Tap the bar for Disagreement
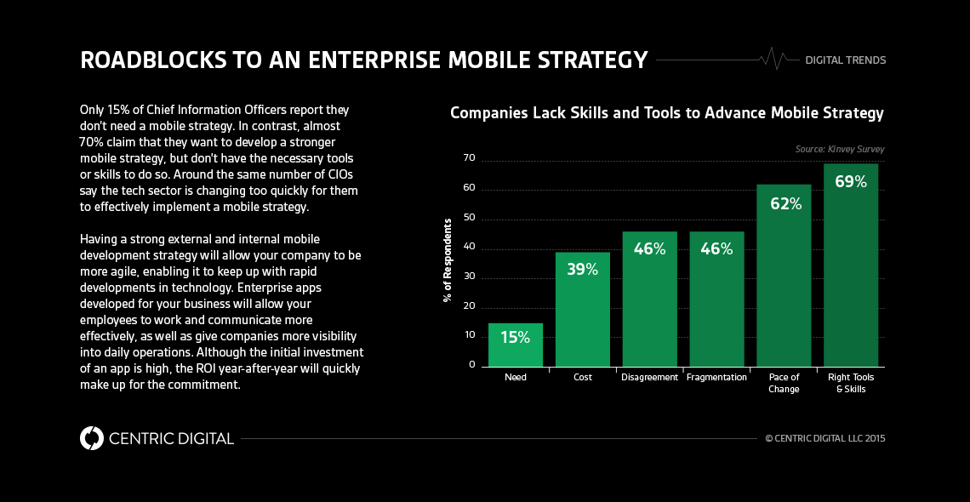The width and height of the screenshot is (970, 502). [x=649, y=299]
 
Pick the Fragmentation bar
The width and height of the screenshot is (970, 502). [x=716, y=299]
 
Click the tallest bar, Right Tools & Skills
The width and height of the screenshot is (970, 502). [x=851, y=265]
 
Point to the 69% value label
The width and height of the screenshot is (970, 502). [x=851, y=181]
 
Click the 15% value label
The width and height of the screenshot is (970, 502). [x=516, y=338]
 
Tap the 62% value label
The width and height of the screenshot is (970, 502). [x=784, y=204]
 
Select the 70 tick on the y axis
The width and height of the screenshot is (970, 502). [x=469, y=158]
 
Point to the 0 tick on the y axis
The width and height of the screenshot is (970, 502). [x=471, y=365]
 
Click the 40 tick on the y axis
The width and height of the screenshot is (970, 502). [x=469, y=248]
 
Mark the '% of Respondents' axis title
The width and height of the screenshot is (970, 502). [x=447, y=260]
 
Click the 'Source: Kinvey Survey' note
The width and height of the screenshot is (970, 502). [x=839, y=149]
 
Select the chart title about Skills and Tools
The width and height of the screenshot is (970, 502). [x=666, y=113]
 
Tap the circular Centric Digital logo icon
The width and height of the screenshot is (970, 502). [x=92, y=438]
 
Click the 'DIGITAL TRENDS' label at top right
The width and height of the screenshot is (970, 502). [x=845, y=60]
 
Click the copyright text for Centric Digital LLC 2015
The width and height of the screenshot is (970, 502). [x=824, y=439]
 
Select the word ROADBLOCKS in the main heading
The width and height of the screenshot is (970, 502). [x=148, y=60]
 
